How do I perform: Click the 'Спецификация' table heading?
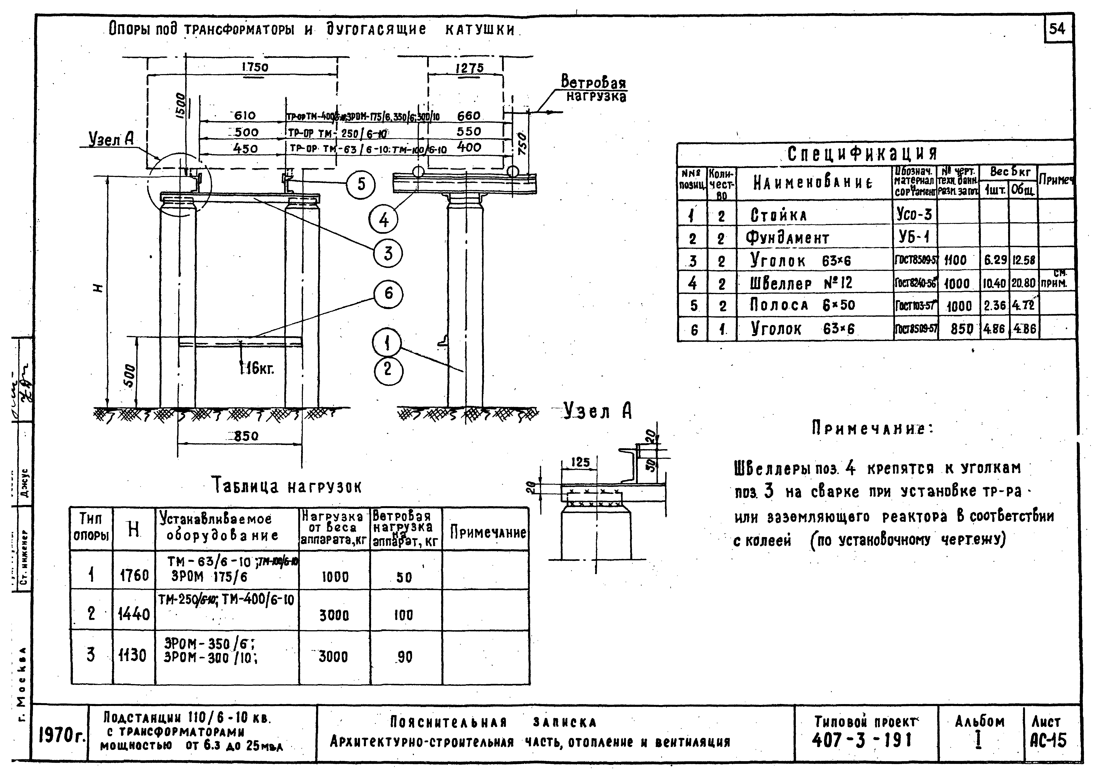[x=862, y=153]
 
